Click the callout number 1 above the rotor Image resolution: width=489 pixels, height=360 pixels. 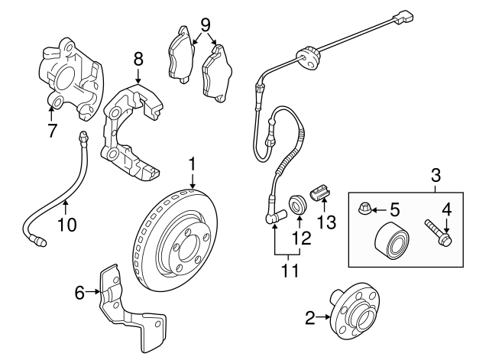tap(193, 163)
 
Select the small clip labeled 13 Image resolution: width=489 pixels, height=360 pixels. tap(319, 192)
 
